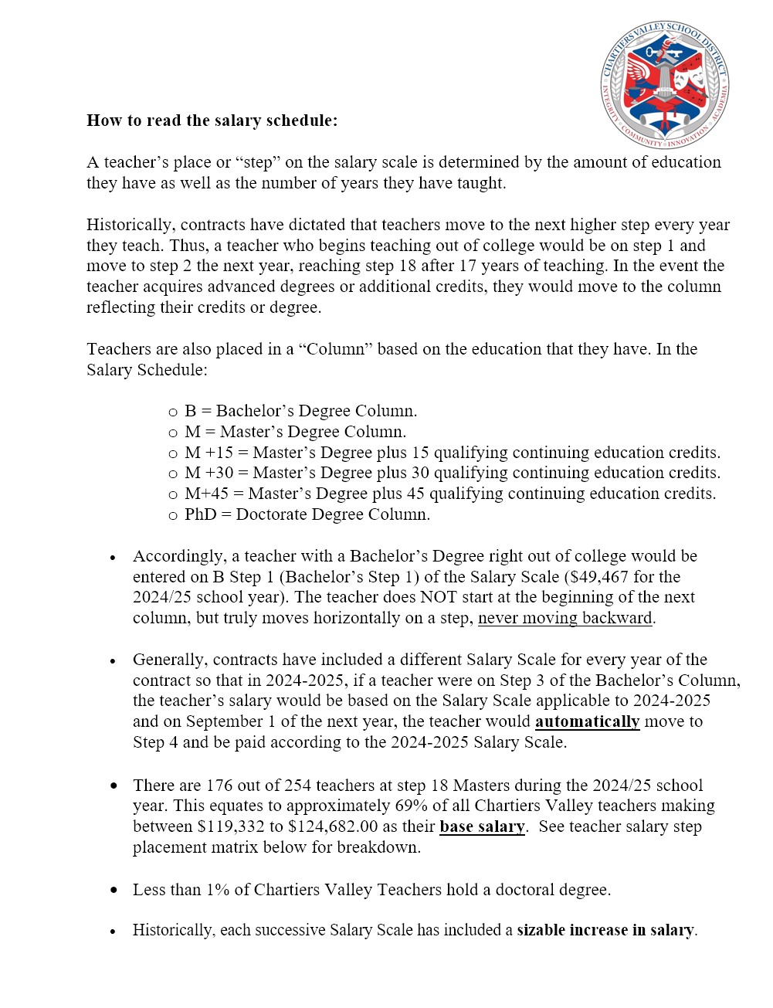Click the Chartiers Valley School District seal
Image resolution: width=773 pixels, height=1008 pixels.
(665, 84)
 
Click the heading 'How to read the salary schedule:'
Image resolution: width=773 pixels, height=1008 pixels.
(212, 120)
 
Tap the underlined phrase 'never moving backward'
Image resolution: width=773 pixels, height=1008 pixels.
(565, 618)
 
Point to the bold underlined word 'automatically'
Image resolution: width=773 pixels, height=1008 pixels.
(587, 721)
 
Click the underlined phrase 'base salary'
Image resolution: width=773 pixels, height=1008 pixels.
(482, 826)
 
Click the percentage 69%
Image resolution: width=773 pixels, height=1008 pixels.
(412, 806)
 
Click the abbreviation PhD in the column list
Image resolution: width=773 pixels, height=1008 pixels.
(200, 514)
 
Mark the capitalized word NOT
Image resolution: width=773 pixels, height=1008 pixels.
(439, 597)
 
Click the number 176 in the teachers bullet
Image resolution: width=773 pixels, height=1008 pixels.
(219, 786)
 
